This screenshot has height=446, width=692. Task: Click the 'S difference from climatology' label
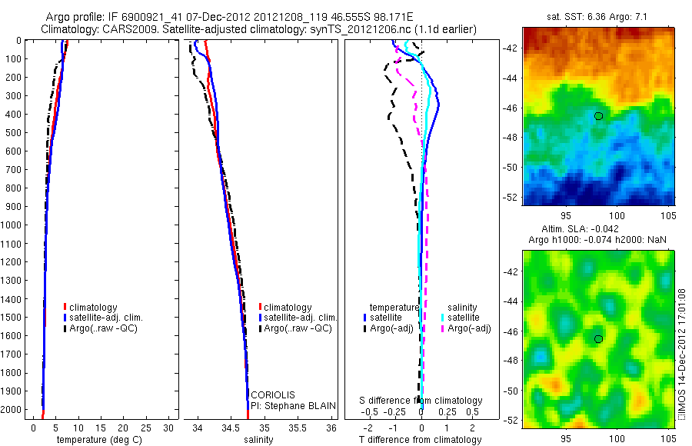tap(421, 401)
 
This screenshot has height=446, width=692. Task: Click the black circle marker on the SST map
tap(598, 116)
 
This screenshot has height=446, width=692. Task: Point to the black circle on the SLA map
tap(598, 338)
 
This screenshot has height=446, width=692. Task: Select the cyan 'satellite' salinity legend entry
tap(463, 318)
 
